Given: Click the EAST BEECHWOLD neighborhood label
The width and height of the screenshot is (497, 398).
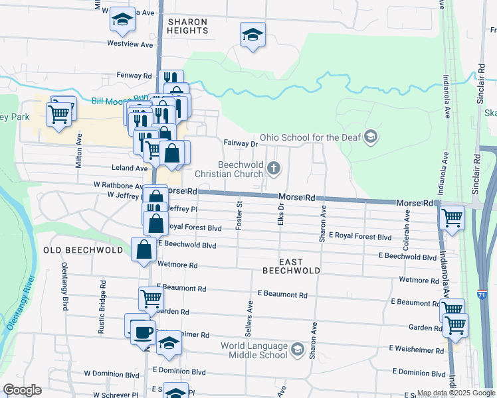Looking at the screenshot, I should [291, 266].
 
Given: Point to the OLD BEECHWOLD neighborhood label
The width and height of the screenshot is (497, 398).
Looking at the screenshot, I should [83, 250].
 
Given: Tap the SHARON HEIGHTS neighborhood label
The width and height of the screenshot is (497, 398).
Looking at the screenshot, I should [187, 26].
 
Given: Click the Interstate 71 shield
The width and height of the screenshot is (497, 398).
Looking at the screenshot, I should [488, 274].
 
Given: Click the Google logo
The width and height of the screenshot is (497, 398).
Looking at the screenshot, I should [21, 390].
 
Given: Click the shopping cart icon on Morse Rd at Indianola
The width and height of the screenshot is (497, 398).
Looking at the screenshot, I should [452, 216].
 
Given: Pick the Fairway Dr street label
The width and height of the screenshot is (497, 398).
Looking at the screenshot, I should [240, 143].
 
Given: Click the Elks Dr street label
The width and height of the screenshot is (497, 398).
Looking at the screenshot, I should [282, 216].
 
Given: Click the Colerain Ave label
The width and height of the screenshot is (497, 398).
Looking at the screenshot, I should [406, 226].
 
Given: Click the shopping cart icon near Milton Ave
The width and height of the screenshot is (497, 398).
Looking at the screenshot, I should [60, 113].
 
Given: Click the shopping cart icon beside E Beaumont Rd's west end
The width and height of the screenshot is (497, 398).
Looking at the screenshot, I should [151, 298].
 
